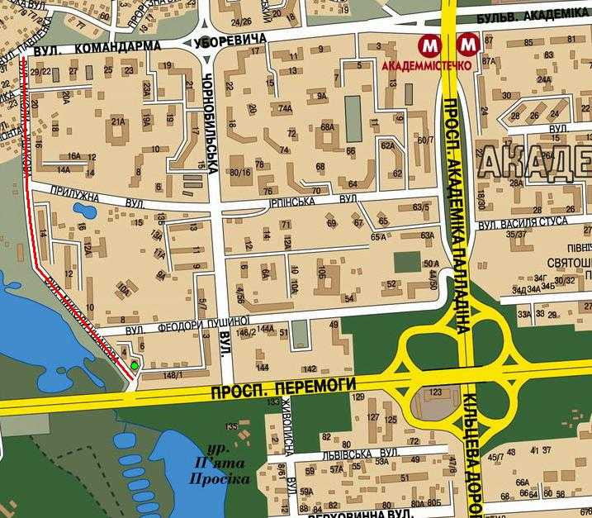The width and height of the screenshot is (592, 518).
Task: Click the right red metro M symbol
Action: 469,44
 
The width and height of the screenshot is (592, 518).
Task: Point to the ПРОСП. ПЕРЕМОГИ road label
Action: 283,385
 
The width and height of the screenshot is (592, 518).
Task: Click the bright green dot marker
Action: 135,364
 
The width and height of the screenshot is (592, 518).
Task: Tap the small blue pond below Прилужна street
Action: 85,210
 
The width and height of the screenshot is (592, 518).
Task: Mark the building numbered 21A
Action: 118,122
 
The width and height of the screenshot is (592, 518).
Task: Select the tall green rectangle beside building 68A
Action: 353,118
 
